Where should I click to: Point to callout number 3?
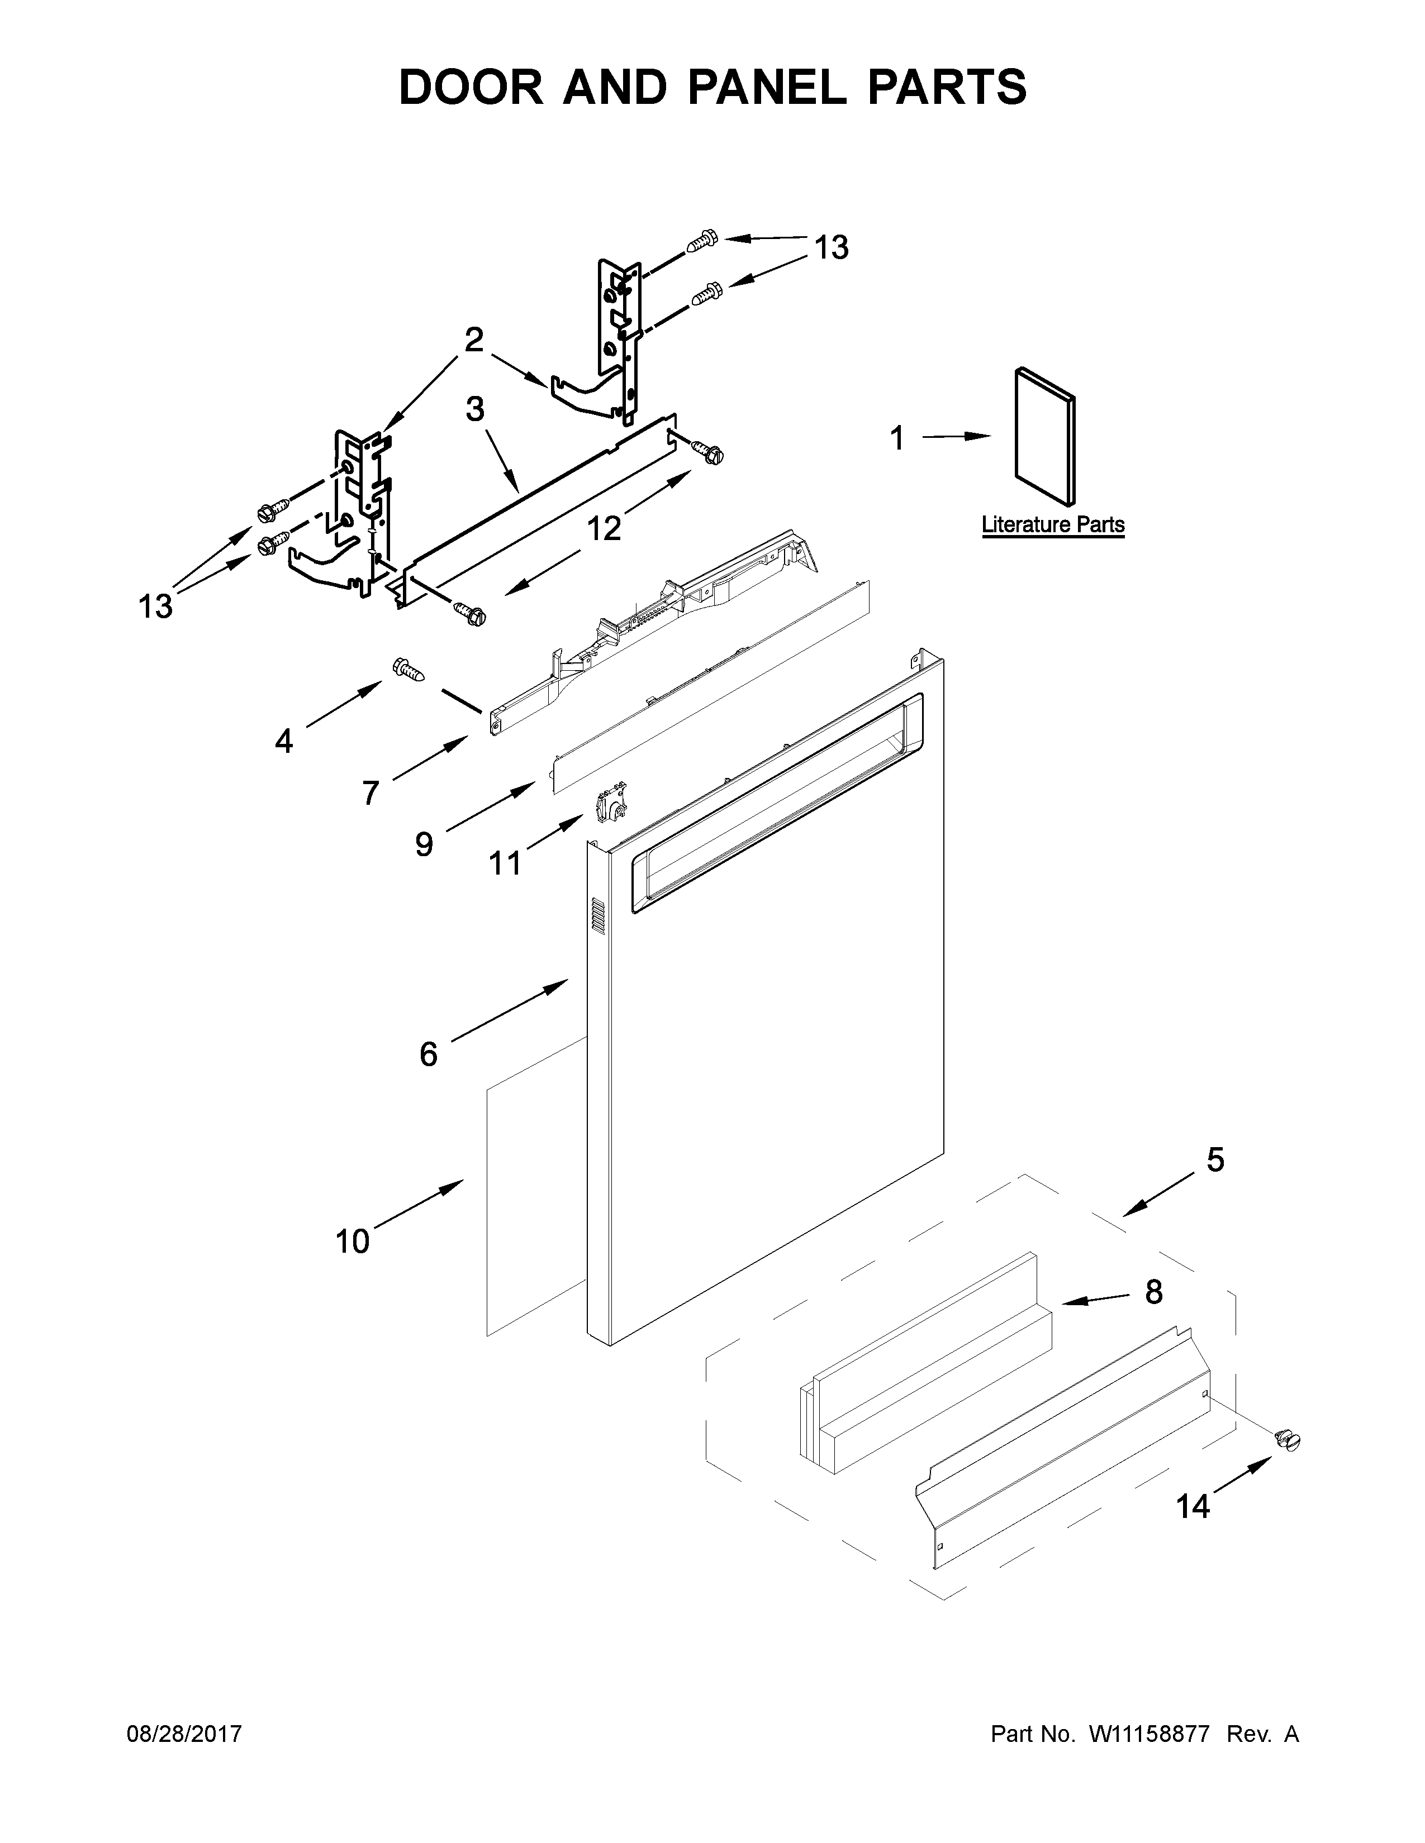click(476, 409)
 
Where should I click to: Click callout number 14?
click(1193, 1506)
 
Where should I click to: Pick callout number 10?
click(352, 1242)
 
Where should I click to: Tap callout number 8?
click(1153, 1291)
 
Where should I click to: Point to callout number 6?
click(428, 1053)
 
